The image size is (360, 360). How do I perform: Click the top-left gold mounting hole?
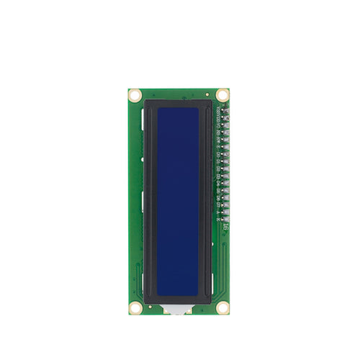135,94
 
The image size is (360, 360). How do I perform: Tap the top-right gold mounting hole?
222,94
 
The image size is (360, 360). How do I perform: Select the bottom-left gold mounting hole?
135,307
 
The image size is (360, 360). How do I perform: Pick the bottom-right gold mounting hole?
222,307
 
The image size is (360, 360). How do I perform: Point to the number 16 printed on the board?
225,227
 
